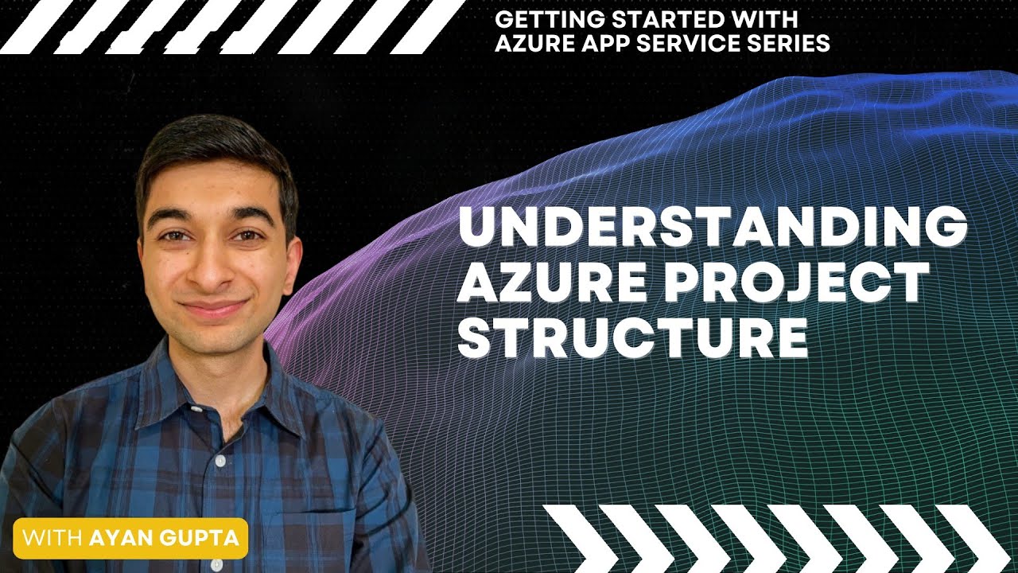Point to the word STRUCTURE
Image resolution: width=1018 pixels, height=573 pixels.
pyautogui.click(x=633, y=337)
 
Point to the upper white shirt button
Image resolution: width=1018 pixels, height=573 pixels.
pyautogui.click(x=220, y=461)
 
